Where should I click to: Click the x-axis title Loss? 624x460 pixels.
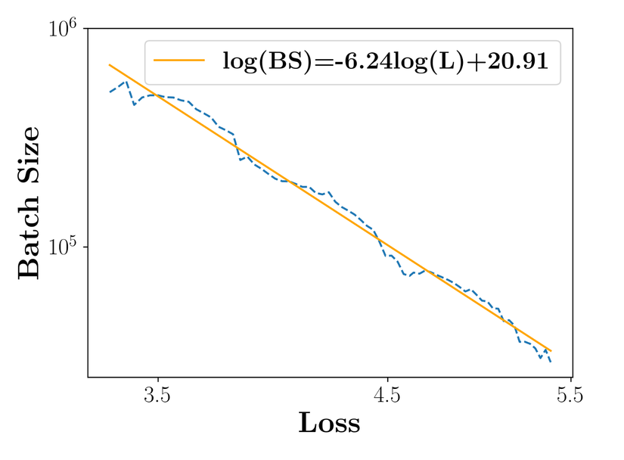tap(329, 423)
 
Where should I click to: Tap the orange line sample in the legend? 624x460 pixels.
tap(179, 61)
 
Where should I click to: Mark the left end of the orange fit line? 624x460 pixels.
tap(110, 65)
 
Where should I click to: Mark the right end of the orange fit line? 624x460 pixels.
tap(551, 351)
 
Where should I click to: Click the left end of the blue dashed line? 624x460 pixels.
tap(110, 92)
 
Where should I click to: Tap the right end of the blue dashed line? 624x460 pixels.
tap(551, 362)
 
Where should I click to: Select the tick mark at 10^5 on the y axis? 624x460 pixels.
tap(85, 247)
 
